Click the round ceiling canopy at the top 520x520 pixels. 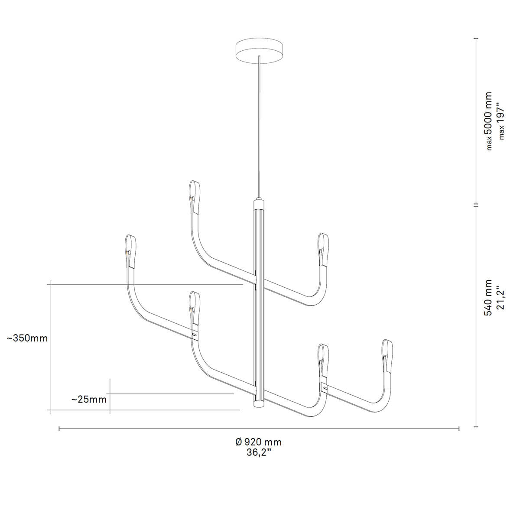click(259, 52)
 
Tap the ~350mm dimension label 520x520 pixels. click(27, 338)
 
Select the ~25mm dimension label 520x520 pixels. click(89, 399)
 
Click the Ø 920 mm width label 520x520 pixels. click(259, 442)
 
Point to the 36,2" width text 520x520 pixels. click(259, 453)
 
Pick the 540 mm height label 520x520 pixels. click(488, 297)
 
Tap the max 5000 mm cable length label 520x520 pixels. click(488, 121)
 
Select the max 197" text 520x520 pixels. click(501, 121)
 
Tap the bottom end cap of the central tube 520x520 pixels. click(259, 404)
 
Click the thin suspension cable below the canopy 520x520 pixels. click(259, 130)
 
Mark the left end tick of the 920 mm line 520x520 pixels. click(59, 429)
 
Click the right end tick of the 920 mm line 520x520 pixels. click(459, 429)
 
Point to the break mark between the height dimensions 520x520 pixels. click(476, 204)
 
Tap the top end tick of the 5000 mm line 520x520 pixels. click(476, 39)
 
